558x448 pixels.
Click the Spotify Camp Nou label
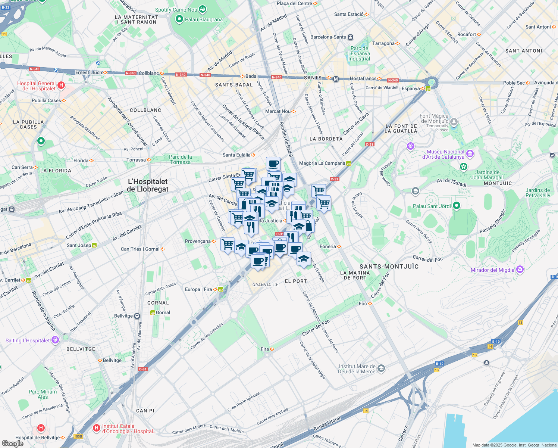coord(176,10)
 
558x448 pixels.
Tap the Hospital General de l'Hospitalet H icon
coord(61,85)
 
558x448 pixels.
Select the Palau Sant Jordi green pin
coord(456,206)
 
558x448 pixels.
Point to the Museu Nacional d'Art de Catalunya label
coord(445,154)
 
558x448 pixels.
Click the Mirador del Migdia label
coord(492,270)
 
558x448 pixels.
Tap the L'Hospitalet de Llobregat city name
coord(148,185)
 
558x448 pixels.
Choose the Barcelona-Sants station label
coord(328,37)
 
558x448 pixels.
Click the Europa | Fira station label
coord(198,289)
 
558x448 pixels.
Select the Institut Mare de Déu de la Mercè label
coord(357,369)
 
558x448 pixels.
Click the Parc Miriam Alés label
coord(43,394)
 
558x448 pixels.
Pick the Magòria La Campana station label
coord(322,163)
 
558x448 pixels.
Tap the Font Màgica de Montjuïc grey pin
coord(454,122)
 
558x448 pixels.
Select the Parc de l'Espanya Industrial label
coord(359,53)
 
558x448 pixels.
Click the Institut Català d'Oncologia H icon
coord(96,427)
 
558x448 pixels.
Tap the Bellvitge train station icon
coord(137,316)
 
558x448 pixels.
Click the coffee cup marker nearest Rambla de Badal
coord(273,164)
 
